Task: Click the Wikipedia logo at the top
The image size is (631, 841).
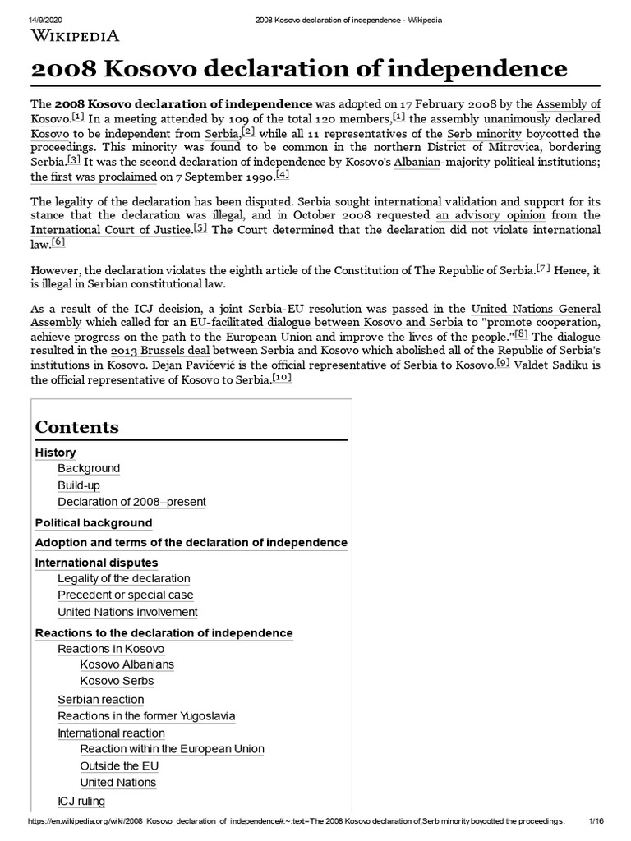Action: [75, 34]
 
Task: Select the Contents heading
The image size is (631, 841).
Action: [76, 427]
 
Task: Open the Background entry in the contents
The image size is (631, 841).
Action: [89, 468]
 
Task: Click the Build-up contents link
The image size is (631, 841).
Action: [79, 485]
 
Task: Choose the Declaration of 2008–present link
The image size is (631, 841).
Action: [131, 502]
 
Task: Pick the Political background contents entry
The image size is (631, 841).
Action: [94, 523]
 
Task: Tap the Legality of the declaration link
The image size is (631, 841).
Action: [123, 578]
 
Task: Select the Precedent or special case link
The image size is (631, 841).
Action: [126, 595]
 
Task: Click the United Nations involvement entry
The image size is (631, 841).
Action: [127, 612]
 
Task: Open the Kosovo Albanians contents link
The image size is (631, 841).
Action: [127, 664]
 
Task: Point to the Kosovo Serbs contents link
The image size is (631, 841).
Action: [117, 681]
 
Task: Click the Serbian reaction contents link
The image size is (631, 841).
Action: [100, 700]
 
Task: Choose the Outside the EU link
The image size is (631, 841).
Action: [119, 766]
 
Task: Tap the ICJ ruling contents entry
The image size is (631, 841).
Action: [81, 801]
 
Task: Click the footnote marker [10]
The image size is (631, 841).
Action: [281, 377]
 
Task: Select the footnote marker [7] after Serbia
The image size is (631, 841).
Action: [543, 268]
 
